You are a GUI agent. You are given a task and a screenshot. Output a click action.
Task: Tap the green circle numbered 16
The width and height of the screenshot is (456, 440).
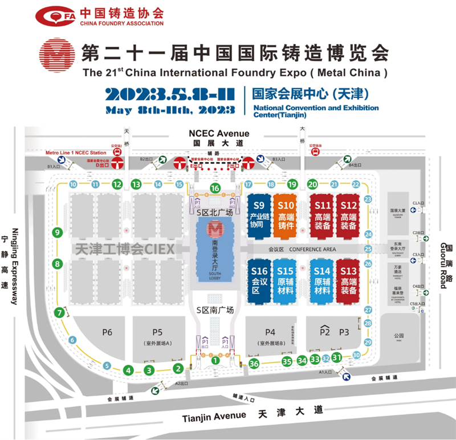click(215, 188)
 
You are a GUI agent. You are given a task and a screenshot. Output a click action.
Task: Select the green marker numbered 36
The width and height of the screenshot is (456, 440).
click(254, 364)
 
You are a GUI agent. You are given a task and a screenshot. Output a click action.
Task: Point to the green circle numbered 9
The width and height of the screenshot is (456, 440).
click(57, 232)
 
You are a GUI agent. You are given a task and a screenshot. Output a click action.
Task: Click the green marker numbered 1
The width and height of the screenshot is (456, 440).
click(215, 360)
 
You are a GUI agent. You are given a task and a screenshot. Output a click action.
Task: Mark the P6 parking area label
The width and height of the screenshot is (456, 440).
click(107, 332)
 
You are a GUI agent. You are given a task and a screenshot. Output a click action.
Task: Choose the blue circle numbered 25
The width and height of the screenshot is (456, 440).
click(368, 249)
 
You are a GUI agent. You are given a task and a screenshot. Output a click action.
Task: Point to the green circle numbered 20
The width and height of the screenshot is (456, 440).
click(312, 184)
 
